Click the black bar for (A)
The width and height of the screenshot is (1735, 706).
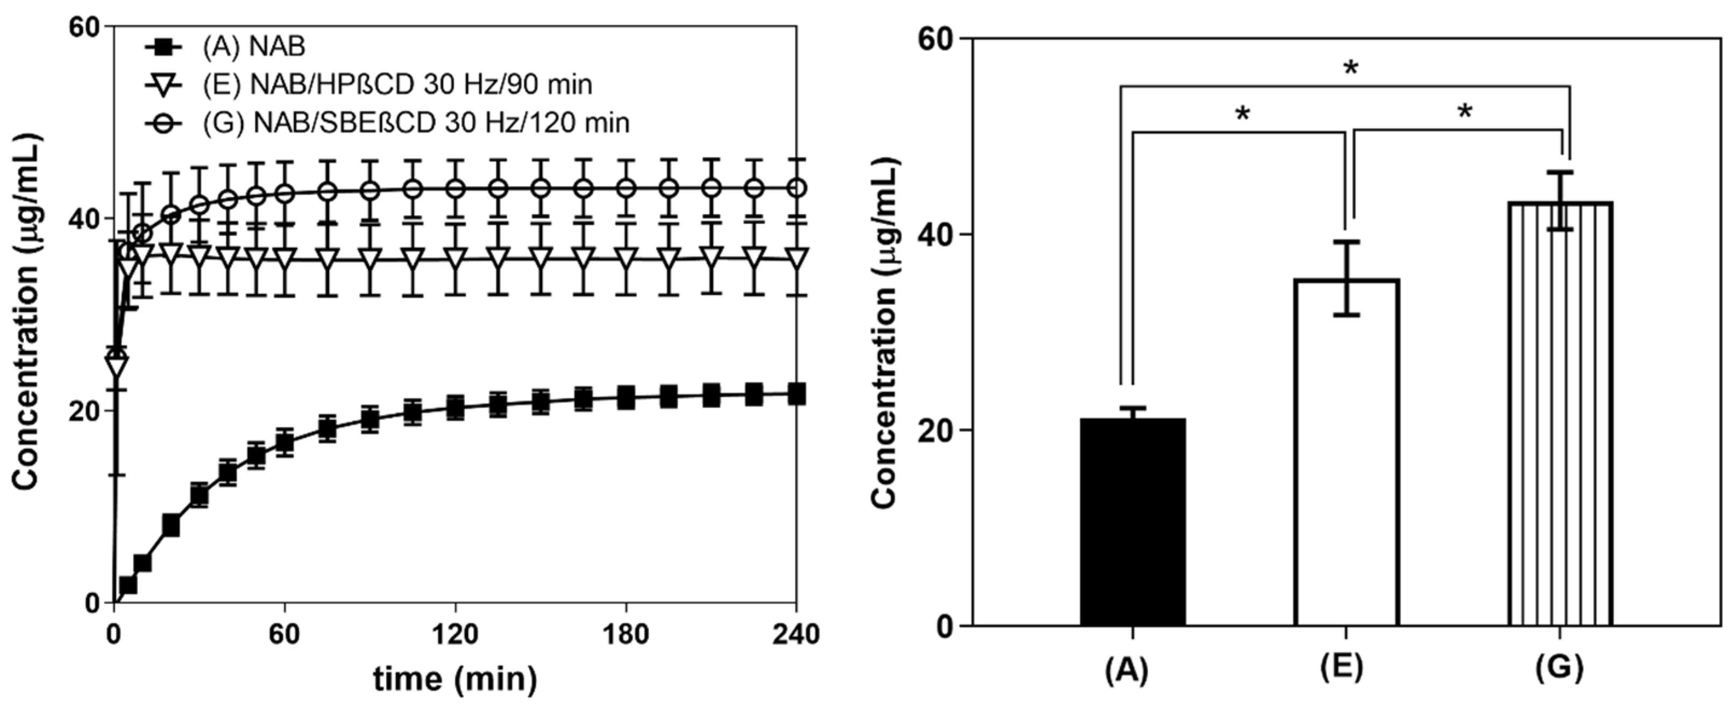click(x=1132, y=522)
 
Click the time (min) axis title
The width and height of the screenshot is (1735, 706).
click(x=456, y=679)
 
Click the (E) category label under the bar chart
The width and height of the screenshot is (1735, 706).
click(x=1346, y=668)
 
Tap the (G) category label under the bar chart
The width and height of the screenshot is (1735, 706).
click(x=1559, y=668)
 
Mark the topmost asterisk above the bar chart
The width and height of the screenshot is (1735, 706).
click(x=1350, y=69)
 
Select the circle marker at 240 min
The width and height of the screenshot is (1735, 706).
click(x=796, y=188)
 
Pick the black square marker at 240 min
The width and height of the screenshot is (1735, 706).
click(x=796, y=394)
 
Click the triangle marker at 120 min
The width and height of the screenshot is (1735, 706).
click(x=456, y=259)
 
